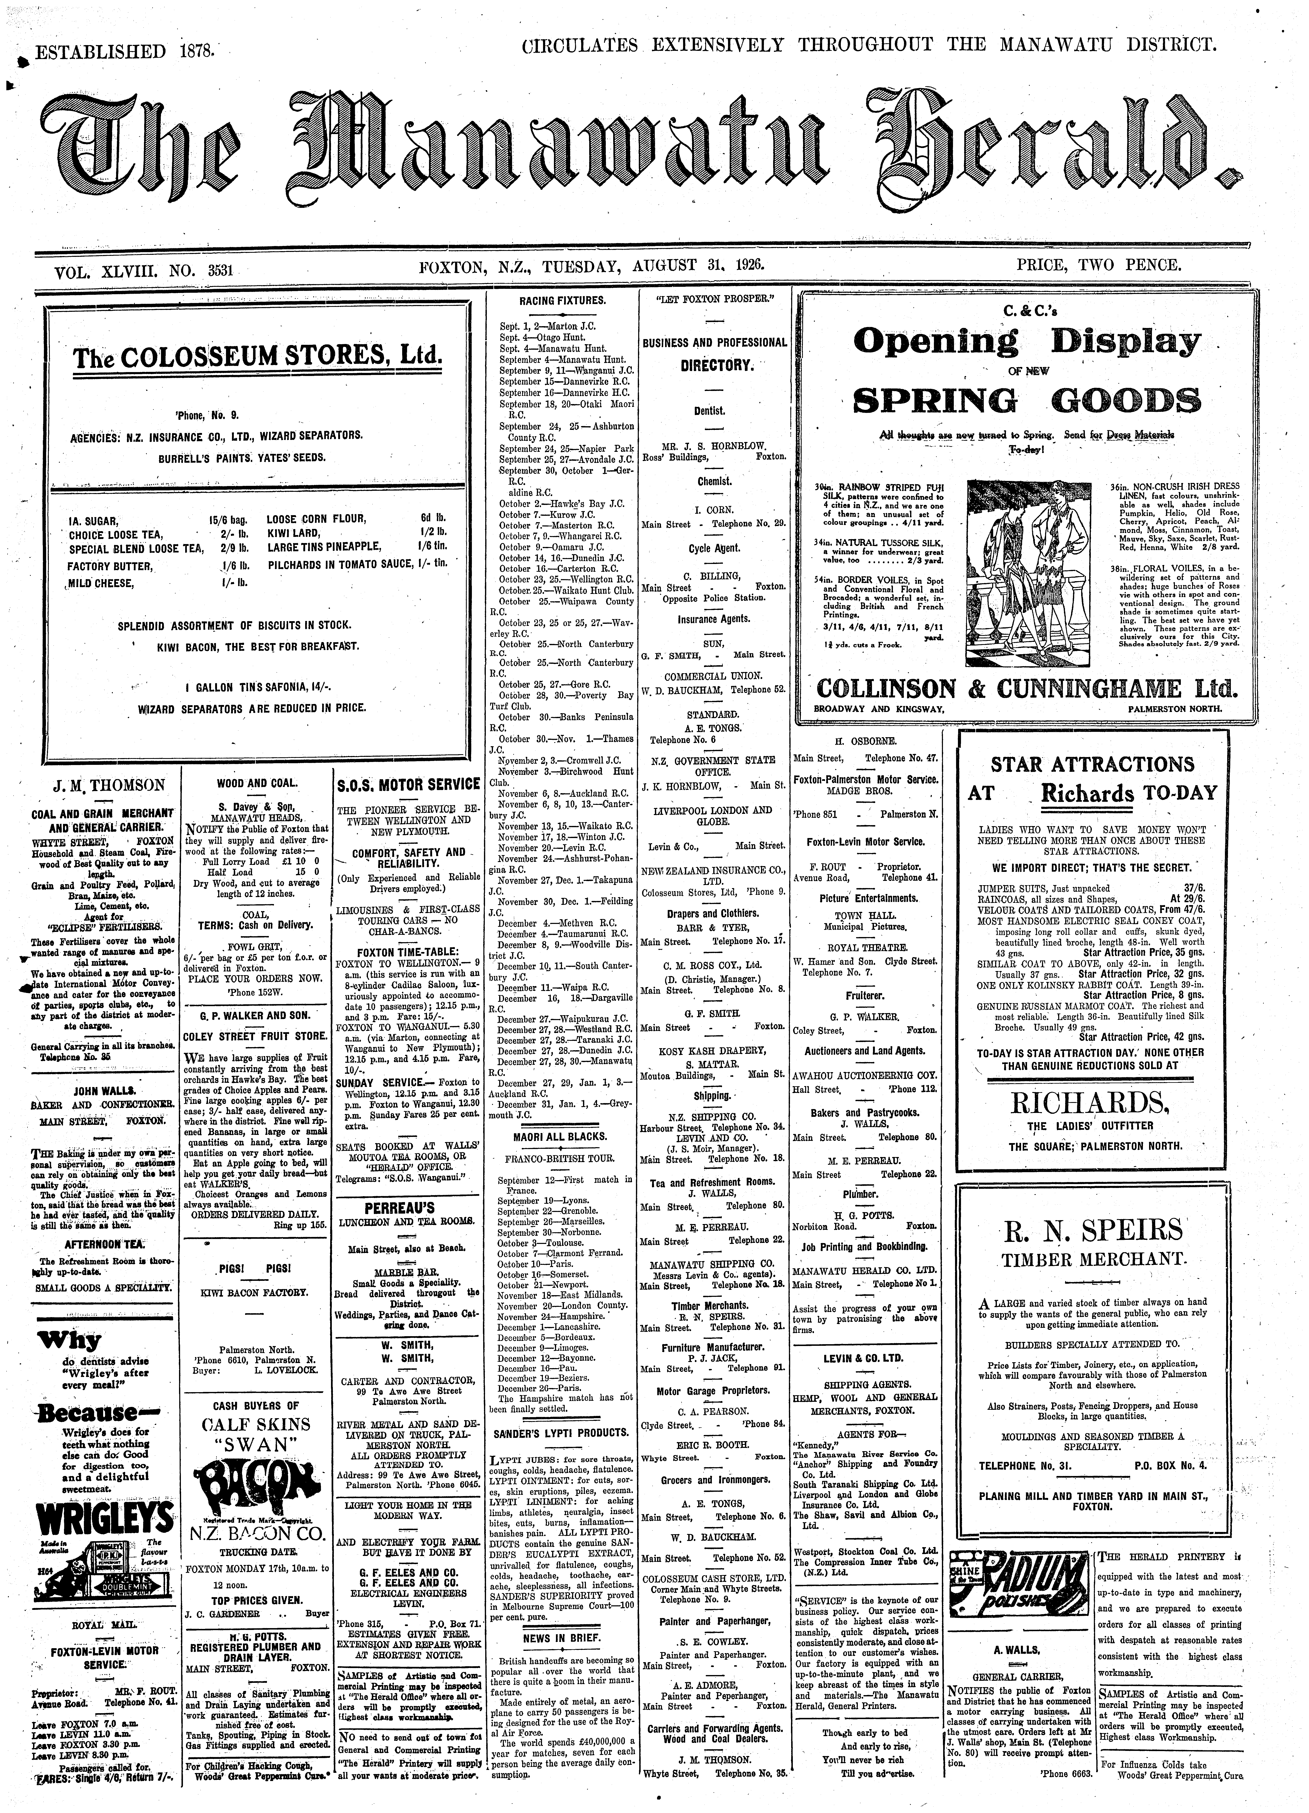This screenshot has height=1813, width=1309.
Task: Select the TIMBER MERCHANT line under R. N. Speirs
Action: click(x=1092, y=1260)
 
